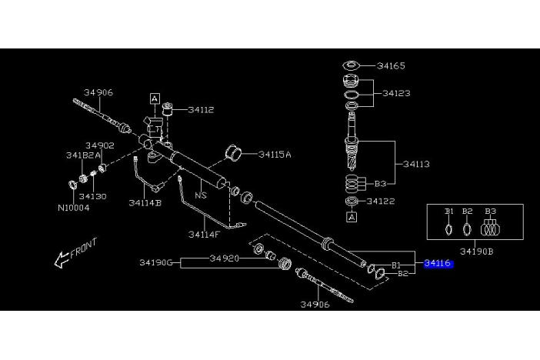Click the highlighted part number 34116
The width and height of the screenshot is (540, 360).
(x=438, y=264)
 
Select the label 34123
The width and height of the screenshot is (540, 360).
(x=397, y=93)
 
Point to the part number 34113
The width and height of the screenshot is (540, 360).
(x=415, y=163)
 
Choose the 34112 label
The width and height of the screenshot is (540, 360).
(x=198, y=109)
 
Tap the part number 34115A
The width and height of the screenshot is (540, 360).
(x=275, y=155)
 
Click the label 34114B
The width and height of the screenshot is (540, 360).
(x=145, y=204)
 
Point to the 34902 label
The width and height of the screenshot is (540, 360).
(x=100, y=145)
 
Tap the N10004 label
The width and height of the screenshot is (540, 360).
(x=73, y=208)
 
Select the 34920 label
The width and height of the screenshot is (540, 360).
(x=225, y=259)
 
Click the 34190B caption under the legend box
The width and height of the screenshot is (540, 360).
(x=475, y=252)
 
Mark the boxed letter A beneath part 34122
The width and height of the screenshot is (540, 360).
(x=352, y=217)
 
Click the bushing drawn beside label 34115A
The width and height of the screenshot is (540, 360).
(x=234, y=153)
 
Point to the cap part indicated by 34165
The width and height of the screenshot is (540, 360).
(x=351, y=65)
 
